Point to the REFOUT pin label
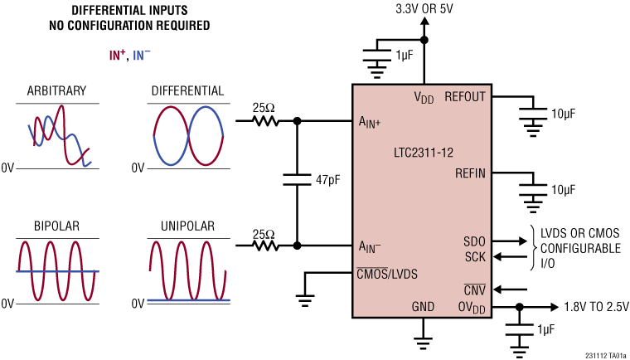(464, 97)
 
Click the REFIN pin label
(470, 173)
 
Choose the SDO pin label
(474, 241)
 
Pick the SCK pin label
(474, 256)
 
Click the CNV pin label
(474, 289)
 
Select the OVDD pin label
(470, 307)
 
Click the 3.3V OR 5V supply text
(425, 10)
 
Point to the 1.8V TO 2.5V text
(594, 306)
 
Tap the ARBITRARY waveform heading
(56, 90)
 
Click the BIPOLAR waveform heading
(56, 226)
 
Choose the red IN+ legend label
(118, 55)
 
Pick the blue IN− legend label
(141, 55)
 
